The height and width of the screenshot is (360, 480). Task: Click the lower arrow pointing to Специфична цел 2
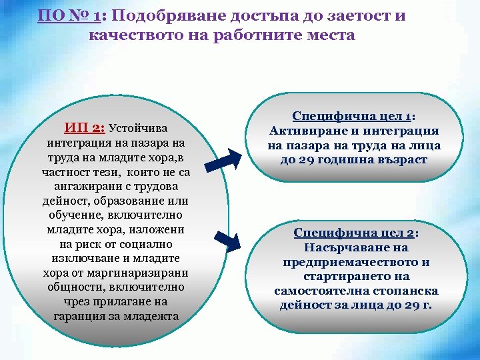point(230,241)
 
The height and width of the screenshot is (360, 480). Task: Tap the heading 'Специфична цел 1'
point(353,115)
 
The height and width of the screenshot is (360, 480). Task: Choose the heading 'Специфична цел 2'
point(355,233)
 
